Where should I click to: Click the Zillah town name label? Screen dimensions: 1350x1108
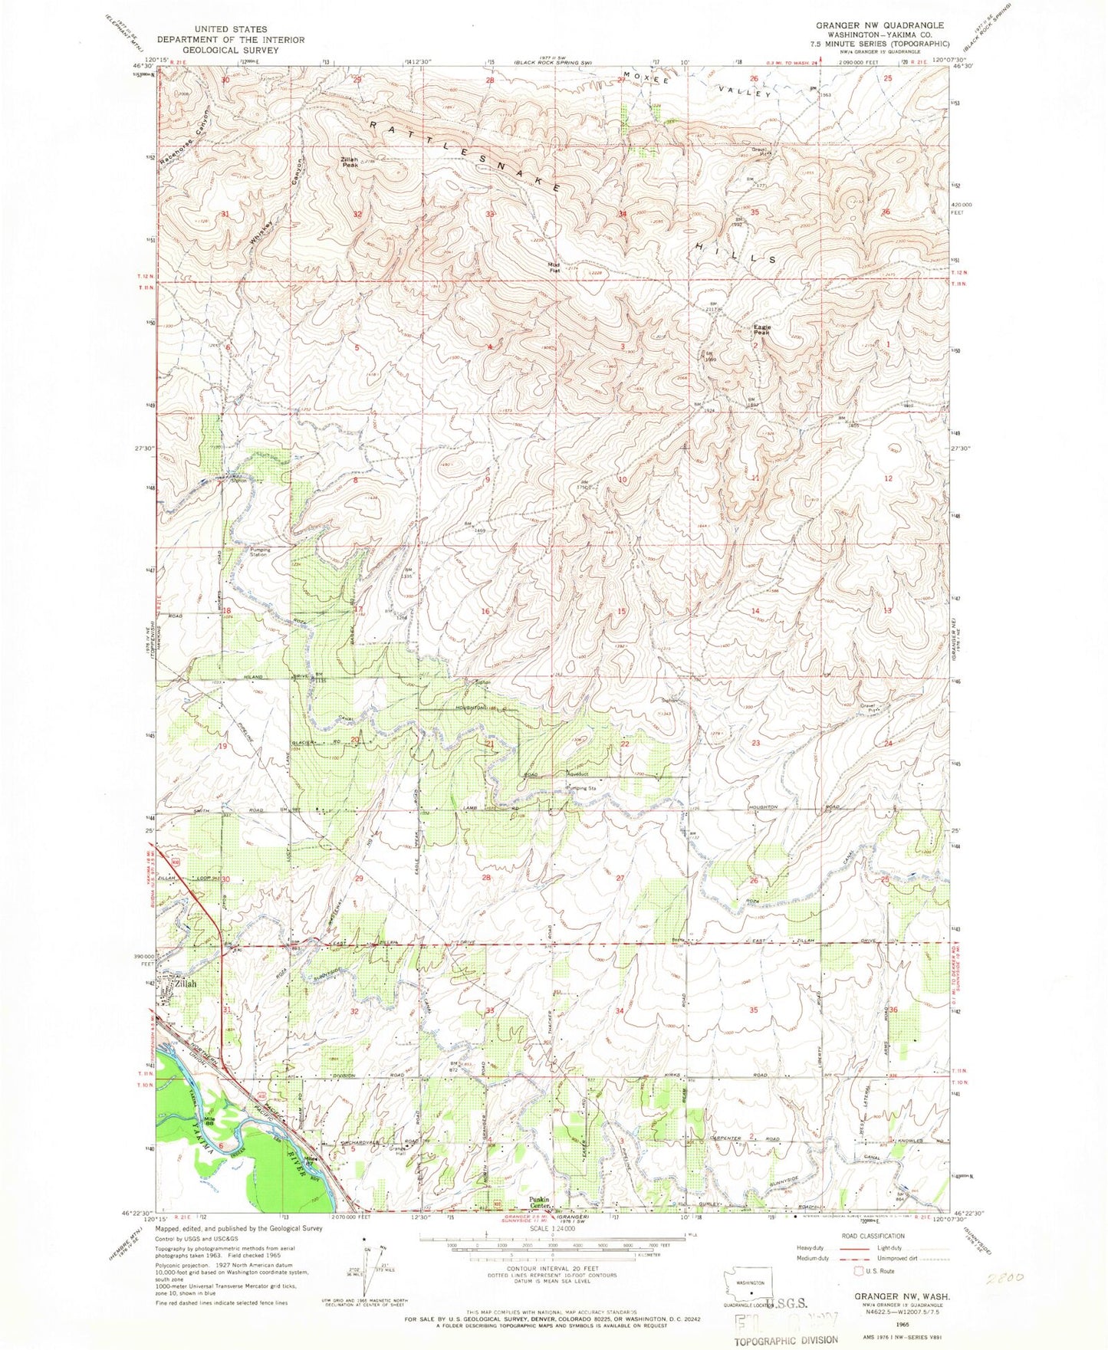point(185,984)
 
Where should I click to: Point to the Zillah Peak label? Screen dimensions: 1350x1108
point(350,162)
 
